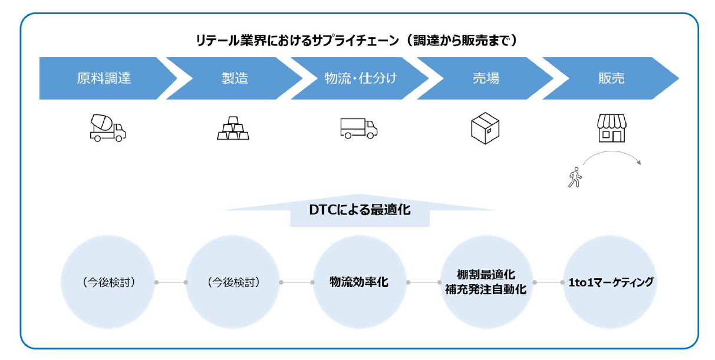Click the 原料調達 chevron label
[104, 78]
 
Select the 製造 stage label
[235, 78]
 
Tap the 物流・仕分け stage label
[360, 78]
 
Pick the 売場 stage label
[486, 78]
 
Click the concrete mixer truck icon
[107, 128]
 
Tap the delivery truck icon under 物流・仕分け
[358, 128]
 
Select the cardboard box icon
[485, 128]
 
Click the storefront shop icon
[611, 128]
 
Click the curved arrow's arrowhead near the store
[638, 163]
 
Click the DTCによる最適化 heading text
[360, 210]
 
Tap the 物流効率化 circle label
[359, 282]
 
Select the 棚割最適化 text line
[486, 275]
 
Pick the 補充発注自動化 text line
[486, 290]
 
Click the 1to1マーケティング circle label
[611, 282]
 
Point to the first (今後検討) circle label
[108, 282]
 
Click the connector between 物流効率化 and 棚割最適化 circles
[424, 282]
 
